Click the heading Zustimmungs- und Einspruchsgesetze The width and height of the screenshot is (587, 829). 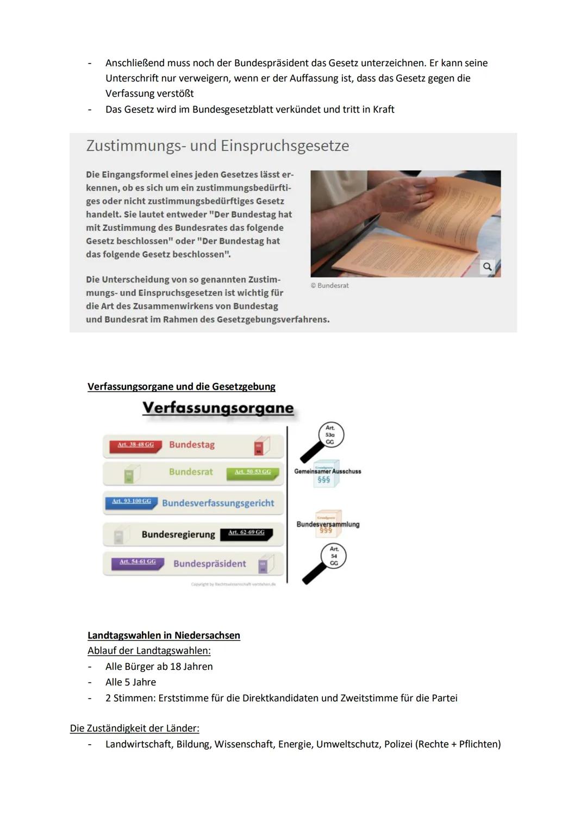[x=217, y=146]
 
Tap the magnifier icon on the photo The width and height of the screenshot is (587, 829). [x=487, y=267]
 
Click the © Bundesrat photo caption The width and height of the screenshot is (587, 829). [x=329, y=286]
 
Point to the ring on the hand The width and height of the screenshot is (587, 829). [x=420, y=197]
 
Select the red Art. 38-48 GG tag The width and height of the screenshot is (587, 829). [x=136, y=445]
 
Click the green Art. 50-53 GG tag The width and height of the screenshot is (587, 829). [x=252, y=472]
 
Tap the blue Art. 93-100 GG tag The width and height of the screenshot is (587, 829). [x=131, y=501]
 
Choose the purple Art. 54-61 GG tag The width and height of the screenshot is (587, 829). [x=138, y=562]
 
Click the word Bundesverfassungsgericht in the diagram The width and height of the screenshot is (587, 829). [x=218, y=503]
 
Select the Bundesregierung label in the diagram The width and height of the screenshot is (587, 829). [x=178, y=535]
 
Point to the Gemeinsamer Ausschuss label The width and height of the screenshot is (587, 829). [x=327, y=472]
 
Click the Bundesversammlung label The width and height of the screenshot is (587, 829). [x=328, y=524]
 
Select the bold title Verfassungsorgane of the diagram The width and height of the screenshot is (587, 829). [x=218, y=408]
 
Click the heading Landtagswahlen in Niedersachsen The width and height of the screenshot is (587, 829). [x=164, y=635]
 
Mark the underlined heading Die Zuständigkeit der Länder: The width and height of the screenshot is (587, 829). [x=134, y=728]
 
